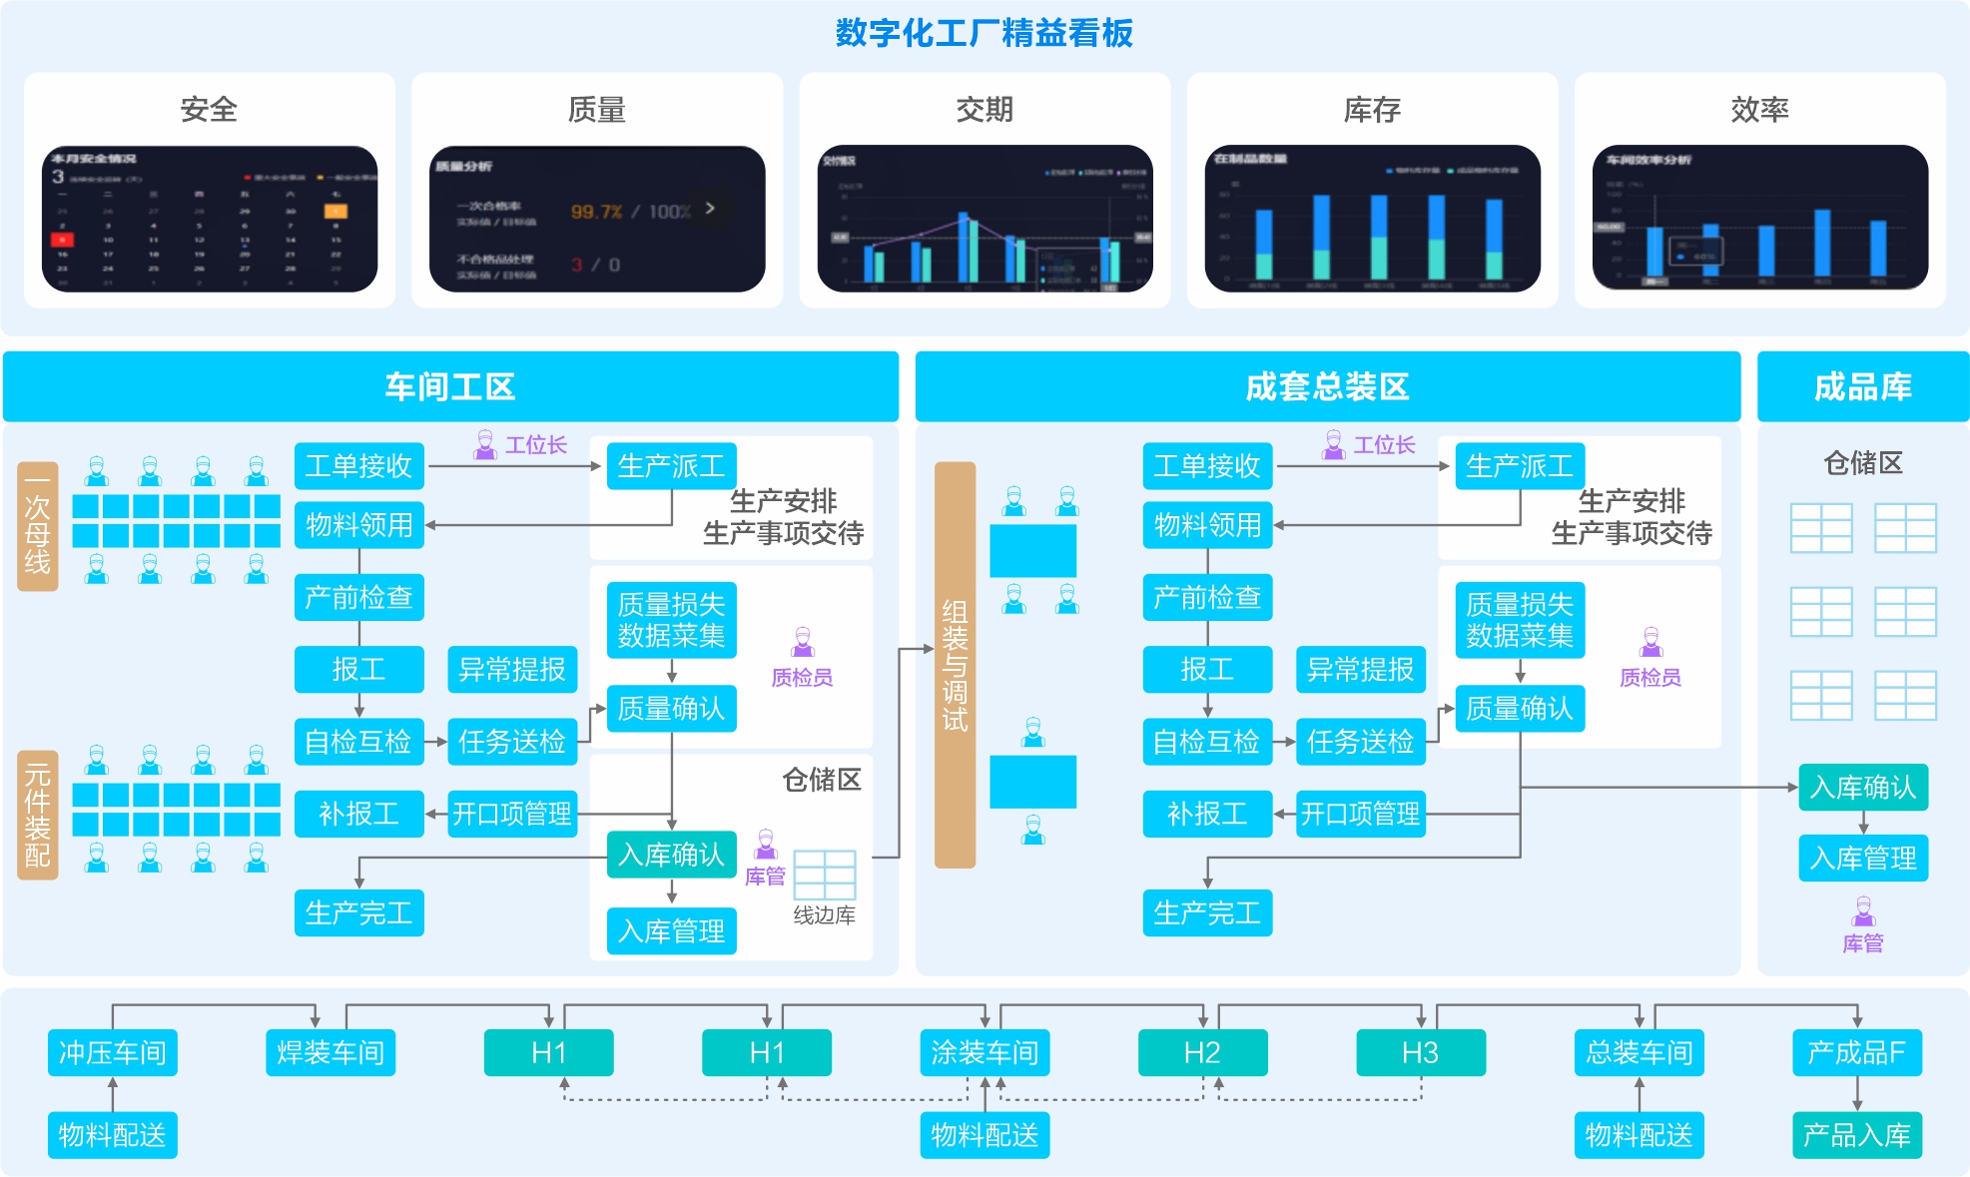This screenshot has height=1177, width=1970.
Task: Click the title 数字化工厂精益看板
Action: click(x=984, y=33)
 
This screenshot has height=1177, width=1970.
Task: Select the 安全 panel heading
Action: click(x=209, y=109)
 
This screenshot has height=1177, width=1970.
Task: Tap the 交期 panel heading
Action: click(x=984, y=109)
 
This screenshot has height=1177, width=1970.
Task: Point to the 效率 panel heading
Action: click(x=1759, y=109)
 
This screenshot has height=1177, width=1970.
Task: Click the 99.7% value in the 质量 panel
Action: click(x=596, y=212)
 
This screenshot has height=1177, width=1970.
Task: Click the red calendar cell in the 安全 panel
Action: click(x=62, y=240)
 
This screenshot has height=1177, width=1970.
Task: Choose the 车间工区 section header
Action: click(x=450, y=386)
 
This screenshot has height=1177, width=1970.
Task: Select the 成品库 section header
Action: click(x=1862, y=386)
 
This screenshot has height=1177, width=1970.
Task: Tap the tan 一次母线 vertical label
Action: click(x=38, y=526)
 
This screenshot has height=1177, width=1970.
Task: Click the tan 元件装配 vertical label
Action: click(x=38, y=815)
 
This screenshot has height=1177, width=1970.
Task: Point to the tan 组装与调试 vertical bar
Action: click(x=955, y=665)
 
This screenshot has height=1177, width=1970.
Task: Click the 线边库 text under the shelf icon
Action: click(x=824, y=915)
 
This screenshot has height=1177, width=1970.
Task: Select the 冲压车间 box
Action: click(x=112, y=1052)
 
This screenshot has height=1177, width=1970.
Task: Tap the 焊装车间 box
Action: click(x=330, y=1052)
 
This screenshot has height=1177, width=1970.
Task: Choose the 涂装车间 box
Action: click(x=985, y=1052)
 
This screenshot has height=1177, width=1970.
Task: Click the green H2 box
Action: click(x=1202, y=1052)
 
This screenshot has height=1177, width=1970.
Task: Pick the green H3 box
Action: click(x=1420, y=1052)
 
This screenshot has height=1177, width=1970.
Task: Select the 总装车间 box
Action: click(x=1639, y=1052)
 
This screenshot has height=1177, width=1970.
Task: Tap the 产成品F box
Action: click(x=1856, y=1052)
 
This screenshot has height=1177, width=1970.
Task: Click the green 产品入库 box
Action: click(x=1856, y=1135)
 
